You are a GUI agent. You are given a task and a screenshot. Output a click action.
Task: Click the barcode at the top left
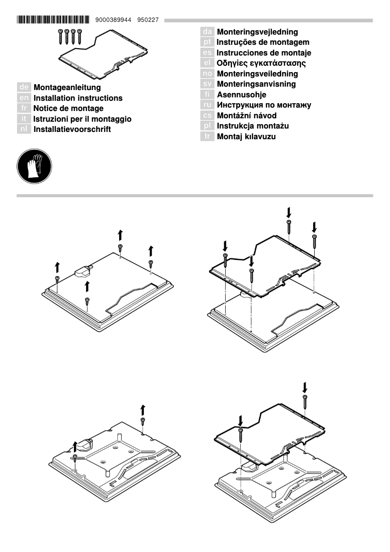click(x=53, y=20)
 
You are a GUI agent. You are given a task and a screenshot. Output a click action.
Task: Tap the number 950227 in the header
click(x=148, y=20)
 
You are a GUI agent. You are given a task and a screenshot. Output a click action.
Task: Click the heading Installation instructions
click(x=78, y=98)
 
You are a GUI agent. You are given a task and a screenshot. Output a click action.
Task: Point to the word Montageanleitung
click(x=67, y=88)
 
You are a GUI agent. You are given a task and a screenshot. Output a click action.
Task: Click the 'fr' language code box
click(x=24, y=109)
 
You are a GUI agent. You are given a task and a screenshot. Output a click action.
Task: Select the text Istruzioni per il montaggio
click(x=82, y=119)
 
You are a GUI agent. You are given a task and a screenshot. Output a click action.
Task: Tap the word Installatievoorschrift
click(x=72, y=129)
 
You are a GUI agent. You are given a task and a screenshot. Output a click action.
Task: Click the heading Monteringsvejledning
click(x=257, y=32)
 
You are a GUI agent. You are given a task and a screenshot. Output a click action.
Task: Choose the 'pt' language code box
click(x=207, y=42)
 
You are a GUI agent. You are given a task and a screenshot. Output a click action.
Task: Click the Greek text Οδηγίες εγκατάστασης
click(x=261, y=63)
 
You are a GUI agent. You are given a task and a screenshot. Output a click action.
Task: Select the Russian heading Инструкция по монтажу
click(x=264, y=105)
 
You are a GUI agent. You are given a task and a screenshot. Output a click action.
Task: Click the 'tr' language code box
click(x=207, y=137)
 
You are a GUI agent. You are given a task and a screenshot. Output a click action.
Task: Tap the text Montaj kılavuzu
click(x=246, y=137)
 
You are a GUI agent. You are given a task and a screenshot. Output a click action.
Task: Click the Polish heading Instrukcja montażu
click(x=253, y=126)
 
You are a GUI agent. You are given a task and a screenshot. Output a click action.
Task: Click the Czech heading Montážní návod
click(x=247, y=116)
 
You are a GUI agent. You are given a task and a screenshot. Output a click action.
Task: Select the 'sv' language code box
click(x=207, y=84)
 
